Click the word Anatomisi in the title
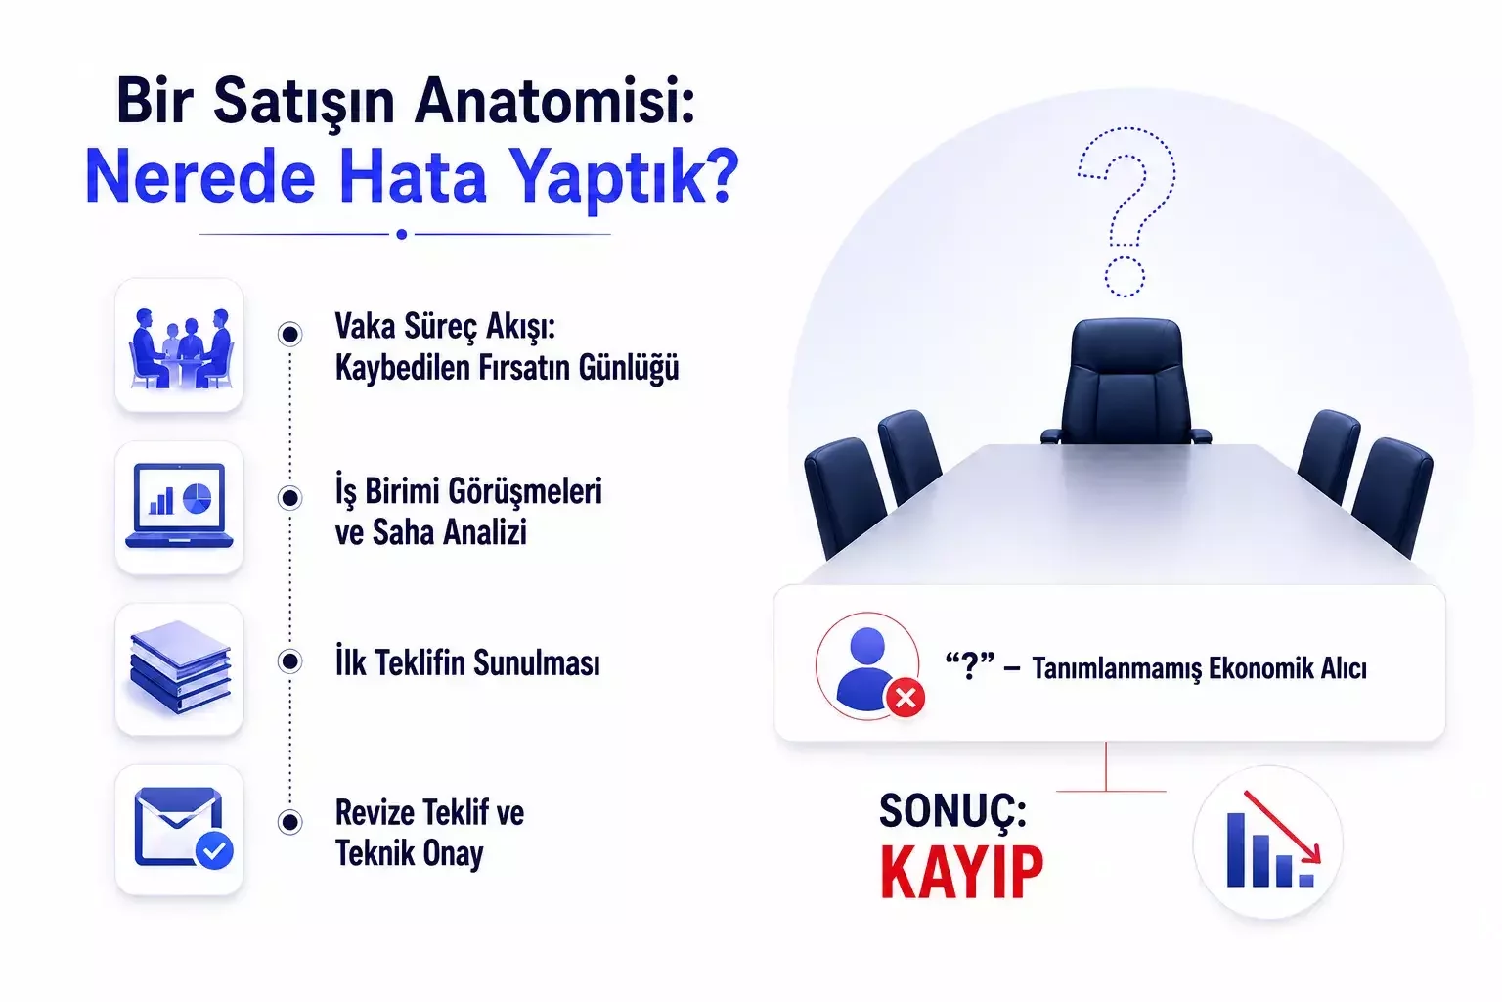553,102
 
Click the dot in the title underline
402,234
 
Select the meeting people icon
179,347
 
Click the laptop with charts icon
179,506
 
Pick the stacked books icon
180,667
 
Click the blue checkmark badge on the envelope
214,851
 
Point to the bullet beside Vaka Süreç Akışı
290,334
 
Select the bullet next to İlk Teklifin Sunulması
290,661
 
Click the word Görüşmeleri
525,492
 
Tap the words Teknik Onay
409,853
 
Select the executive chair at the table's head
1126,382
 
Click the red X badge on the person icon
906,699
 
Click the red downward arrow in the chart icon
1282,827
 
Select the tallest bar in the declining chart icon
1236,850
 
